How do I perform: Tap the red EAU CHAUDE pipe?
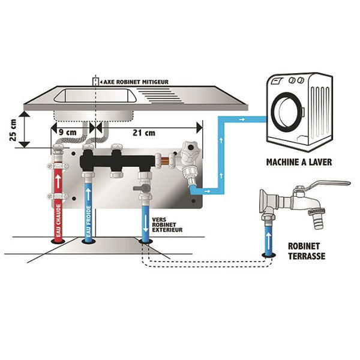pos(59,204)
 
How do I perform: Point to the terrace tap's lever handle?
pos(327,184)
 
